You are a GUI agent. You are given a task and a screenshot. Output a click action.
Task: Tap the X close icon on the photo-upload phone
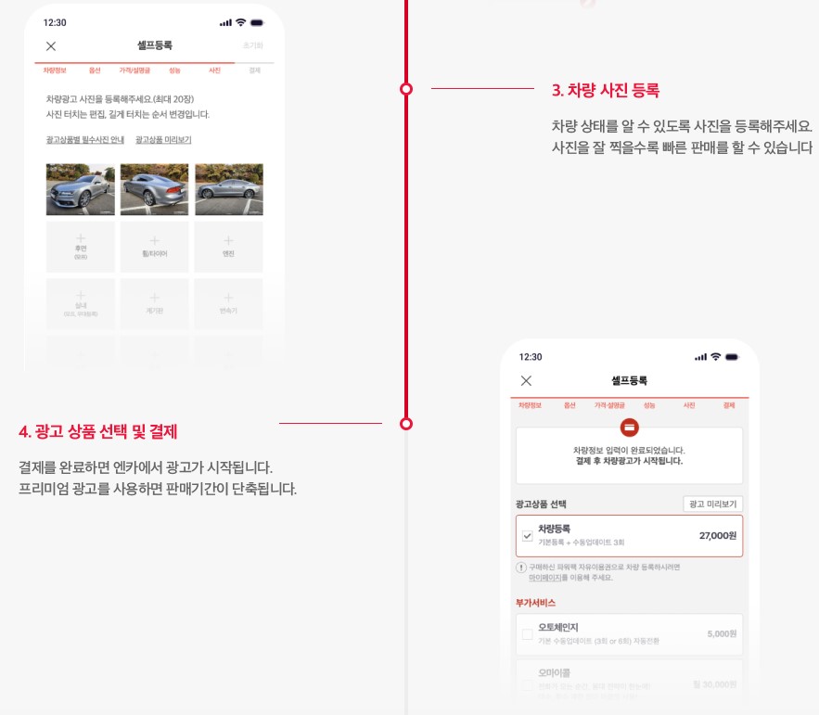tap(51, 46)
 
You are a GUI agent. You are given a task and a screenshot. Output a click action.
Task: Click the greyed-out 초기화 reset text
tap(252, 45)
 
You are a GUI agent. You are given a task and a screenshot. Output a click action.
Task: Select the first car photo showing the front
tap(81, 189)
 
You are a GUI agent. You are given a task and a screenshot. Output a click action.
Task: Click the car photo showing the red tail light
tap(155, 189)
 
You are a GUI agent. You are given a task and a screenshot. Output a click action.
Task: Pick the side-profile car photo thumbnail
tap(229, 189)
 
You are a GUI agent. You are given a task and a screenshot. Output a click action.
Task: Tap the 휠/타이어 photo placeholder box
tap(155, 247)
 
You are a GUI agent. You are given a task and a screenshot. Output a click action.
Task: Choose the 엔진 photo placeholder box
tap(229, 247)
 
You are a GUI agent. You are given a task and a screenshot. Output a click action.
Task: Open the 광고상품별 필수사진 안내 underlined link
tap(83, 140)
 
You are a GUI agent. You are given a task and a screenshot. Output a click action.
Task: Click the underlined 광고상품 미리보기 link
tap(163, 140)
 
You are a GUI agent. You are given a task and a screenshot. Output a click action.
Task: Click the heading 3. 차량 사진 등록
tap(605, 90)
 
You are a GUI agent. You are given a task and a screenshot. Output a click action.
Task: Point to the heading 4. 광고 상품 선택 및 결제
tap(97, 432)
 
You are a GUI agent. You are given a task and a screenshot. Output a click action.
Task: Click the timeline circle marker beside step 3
tap(405, 89)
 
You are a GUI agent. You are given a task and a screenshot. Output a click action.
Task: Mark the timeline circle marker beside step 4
tap(405, 424)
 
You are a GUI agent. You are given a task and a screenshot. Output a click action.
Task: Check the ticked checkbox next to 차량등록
tap(528, 536)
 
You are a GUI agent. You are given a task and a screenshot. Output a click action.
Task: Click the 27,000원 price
tap(717, 536)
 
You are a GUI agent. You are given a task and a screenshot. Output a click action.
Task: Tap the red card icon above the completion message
tap(629, 428)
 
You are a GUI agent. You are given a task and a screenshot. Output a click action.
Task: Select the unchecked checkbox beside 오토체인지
tap(528, 634)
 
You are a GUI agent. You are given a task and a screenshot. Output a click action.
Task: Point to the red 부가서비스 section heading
tap(535, 602)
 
